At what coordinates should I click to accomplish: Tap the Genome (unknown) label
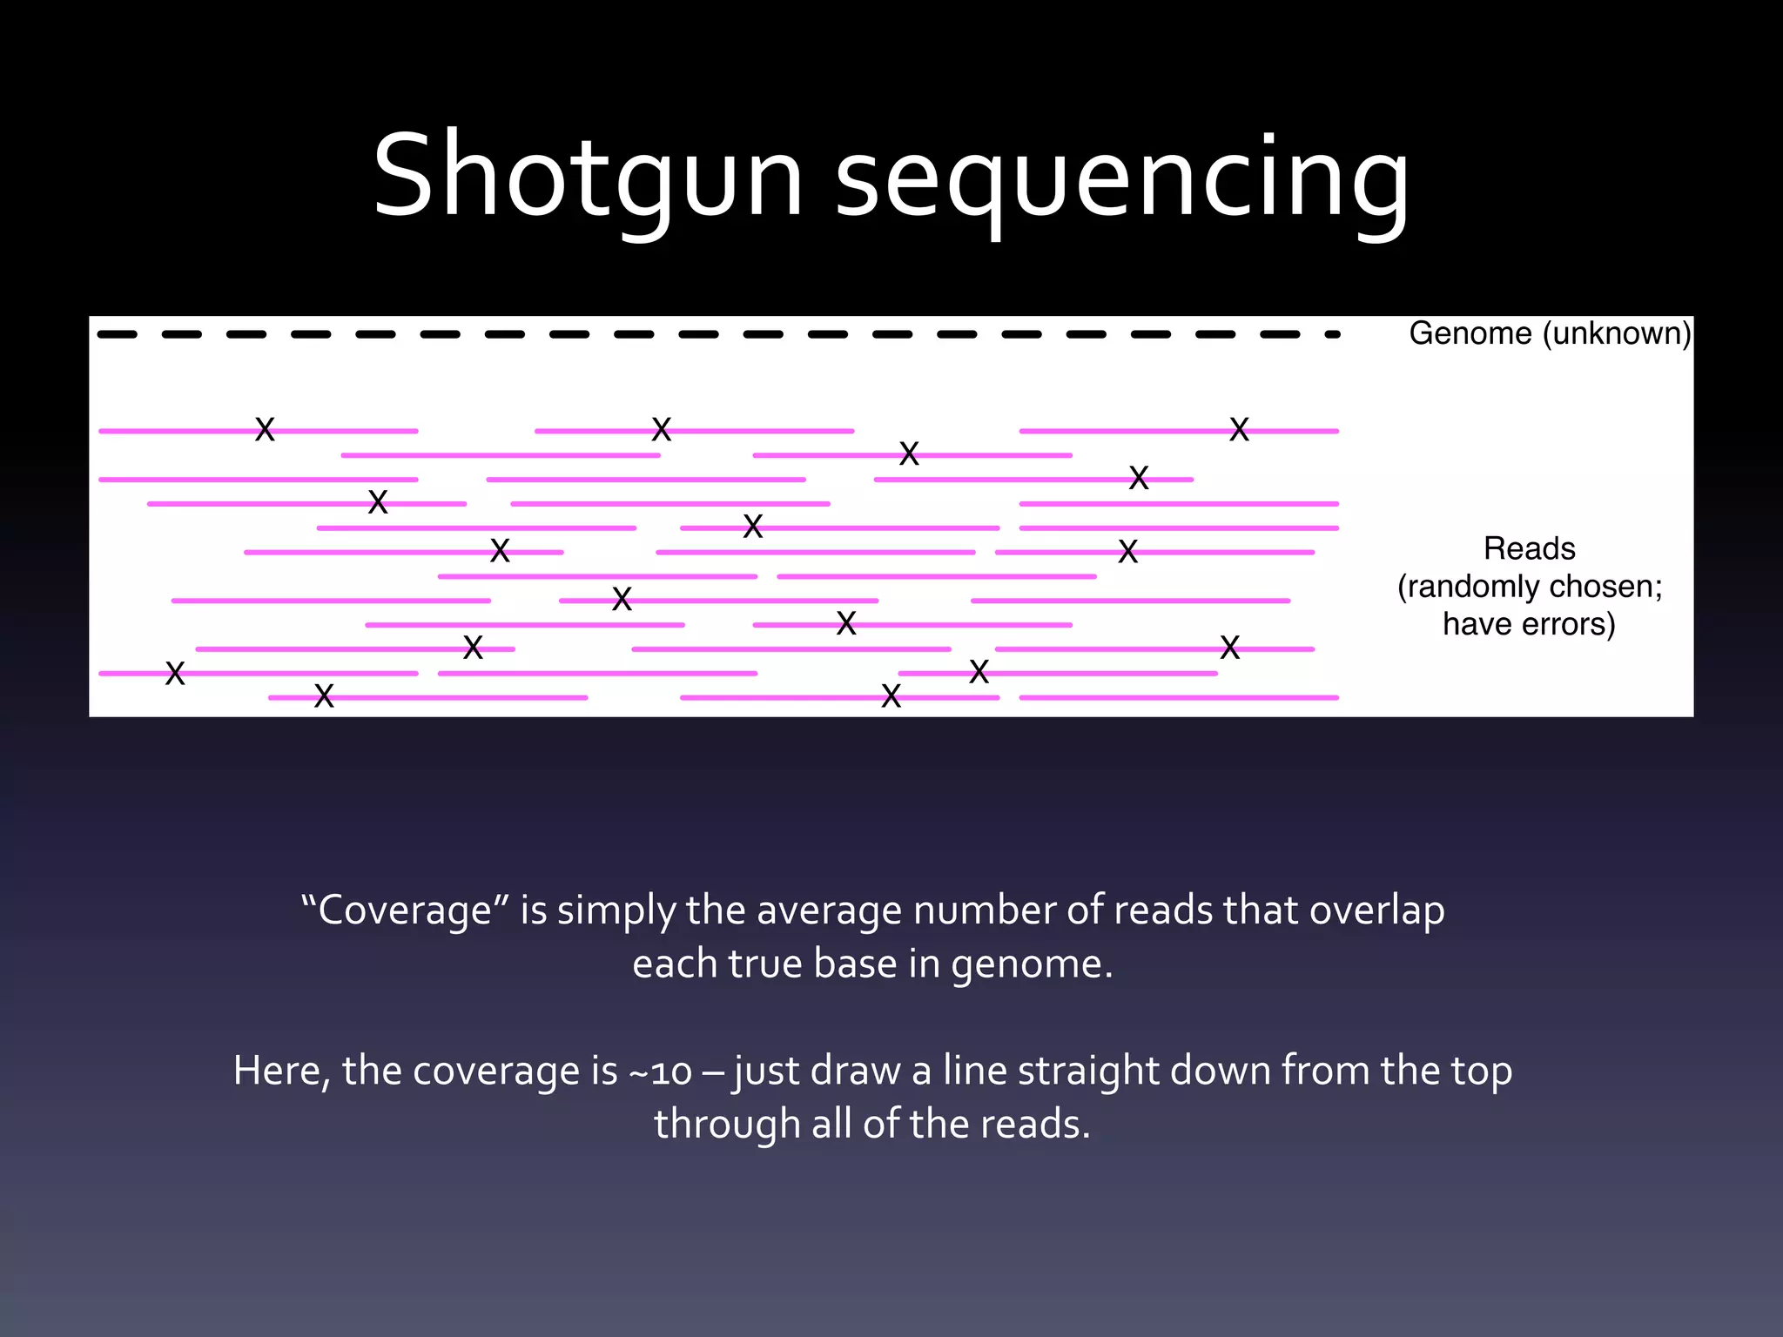click(x=1550, y=333)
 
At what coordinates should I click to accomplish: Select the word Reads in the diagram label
click(x=1529, y=548)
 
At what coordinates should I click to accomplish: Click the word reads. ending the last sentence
click(x=1035, y=1124)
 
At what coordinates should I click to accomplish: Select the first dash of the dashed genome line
click(x=117, y=334)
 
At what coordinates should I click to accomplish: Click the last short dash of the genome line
click(x=1332, y=334)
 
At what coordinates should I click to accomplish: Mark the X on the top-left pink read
click(x=265, y=429)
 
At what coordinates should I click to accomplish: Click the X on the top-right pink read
click(x=1239, y=429)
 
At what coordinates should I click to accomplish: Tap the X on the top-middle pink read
click(x=662, y=429)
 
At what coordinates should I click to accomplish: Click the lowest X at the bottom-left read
click(x=324, y=695)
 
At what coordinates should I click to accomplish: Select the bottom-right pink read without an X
click(x=1179, y=697)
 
